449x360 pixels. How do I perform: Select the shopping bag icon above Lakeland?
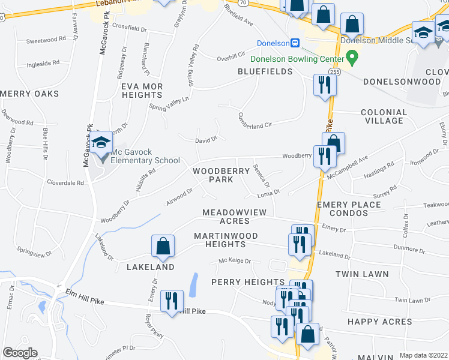tap(163, 246)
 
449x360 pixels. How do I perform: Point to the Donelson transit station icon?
tap(295, 43)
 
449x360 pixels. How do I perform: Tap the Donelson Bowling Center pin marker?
tap(353, 59)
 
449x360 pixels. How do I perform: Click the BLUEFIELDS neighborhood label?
tap(265, 71)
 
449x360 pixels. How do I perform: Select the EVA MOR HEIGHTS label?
tap(142, 91)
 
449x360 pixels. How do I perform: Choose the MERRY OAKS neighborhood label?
tap(30, 94)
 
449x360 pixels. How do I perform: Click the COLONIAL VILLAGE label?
tap(384, 116)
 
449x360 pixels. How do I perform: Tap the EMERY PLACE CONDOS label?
tap(349, 209)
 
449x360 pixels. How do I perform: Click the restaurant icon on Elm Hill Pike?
tap(172, 301)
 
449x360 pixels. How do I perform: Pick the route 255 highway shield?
tap(335, 72)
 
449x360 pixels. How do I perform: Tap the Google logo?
tap(20, 353)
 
